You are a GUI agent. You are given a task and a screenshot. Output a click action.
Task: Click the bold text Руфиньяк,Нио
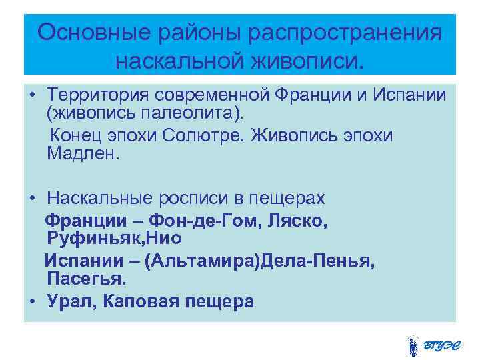[x=114, y=238]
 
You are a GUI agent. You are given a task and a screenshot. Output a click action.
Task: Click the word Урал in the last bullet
[x=69, y=301]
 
